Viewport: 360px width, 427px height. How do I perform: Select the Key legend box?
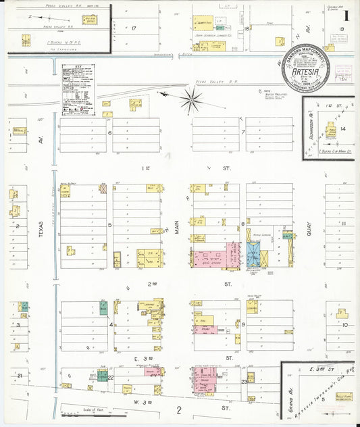(x=78, y=88)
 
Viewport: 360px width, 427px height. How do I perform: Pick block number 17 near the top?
(x=134, y=28)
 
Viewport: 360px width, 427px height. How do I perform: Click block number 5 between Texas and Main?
(x=109, y=224)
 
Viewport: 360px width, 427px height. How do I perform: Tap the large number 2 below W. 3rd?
(x=180, y=409)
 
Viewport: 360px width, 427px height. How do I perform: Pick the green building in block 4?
(x=104, y=309)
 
